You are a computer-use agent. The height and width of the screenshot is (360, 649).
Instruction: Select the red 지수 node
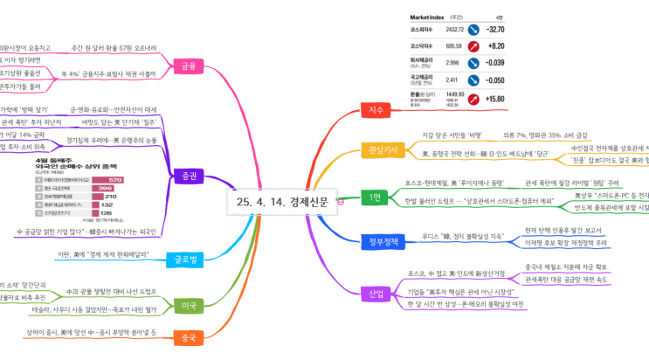(377, 110)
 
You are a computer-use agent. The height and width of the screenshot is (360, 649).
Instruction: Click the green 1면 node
(375, 195)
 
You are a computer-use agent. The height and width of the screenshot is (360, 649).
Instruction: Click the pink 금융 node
(187, 66)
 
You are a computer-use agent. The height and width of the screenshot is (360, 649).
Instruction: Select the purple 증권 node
(187, 176)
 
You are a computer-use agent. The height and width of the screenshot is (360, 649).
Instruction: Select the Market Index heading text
(427, 17)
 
